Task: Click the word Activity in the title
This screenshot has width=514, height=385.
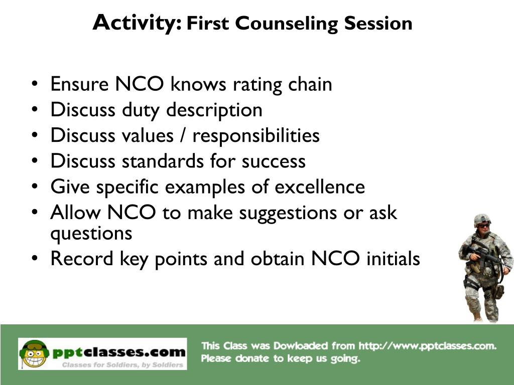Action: (x=137, y=23)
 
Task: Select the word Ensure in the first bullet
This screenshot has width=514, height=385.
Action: (x=79, y=84)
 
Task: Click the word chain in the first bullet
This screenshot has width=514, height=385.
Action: (x=310, y=84)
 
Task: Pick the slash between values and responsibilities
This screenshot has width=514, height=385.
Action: (x=184, y=136)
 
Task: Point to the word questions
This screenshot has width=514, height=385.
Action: (x=91, y=233)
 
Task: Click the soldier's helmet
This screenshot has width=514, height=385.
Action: (x=482, y=219)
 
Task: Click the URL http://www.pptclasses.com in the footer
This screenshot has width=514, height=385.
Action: (x=427, y=346)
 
